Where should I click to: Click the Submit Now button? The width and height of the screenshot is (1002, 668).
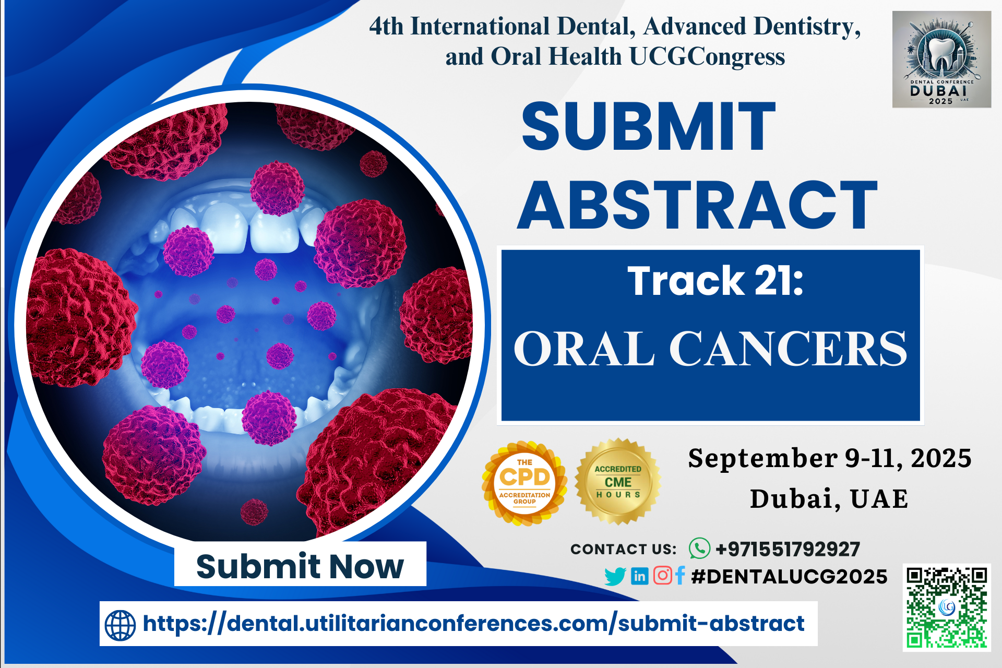point(300,564)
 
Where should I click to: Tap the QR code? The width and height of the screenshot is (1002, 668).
point(947,607)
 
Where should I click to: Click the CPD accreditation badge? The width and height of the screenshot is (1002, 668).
point(524,483)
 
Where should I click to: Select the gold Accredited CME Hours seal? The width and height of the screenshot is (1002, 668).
point(618,481)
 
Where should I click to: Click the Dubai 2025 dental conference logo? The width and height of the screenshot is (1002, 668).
point(941,59)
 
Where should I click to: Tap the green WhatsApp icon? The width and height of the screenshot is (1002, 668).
point(699,548)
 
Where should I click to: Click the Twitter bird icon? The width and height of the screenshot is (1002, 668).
point(615,576)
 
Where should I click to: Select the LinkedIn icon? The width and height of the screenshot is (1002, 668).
point(639,576)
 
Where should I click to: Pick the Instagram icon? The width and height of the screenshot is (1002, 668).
point(662,575)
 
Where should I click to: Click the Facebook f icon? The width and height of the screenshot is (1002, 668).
point(679,575)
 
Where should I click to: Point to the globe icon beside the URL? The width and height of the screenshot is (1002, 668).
point(121,625)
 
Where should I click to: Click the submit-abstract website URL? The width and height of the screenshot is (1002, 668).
point(473,624)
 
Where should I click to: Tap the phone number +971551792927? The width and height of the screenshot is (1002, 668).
point(788,549)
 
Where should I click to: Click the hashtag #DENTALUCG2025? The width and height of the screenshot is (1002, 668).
point(789,576)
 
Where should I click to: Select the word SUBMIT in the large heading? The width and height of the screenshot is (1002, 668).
point(649,126)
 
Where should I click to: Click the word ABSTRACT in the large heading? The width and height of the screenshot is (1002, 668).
point(698,205)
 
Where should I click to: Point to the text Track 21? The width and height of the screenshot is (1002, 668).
point(715,281)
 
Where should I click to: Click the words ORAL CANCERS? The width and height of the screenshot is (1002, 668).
point(711,349)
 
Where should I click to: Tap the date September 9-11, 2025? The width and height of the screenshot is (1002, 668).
point(830,458)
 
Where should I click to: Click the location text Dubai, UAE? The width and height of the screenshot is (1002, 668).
point(829,498)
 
